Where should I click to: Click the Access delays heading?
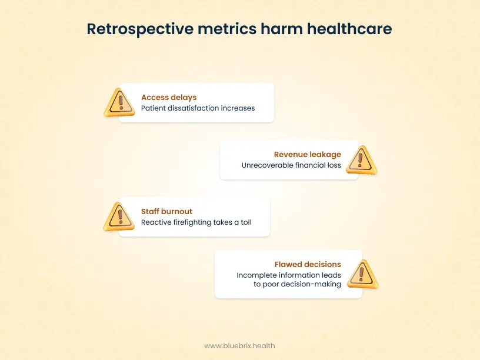[169, 98]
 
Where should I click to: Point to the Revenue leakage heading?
[307, 155]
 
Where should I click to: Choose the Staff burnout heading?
[166, 212]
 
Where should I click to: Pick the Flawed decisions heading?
[308, 265]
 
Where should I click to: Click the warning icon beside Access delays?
[120, 103]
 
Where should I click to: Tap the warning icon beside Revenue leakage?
[361, 160]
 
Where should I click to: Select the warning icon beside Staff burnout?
[119, 216]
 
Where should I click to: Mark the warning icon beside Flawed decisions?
[362, 274]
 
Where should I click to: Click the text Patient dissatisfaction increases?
[198, 108]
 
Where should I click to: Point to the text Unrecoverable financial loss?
[291, 165]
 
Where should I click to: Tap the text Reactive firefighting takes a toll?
[196, 223]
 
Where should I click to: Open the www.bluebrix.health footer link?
[239, 346]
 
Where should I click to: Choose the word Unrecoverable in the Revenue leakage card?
[266, 165]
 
